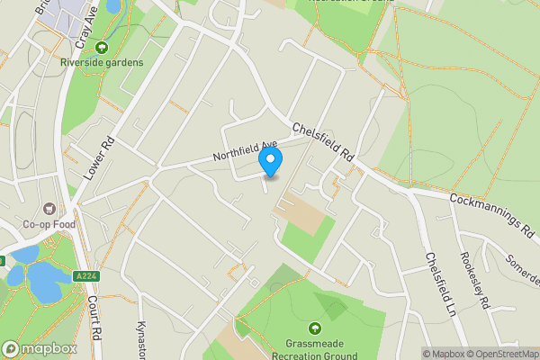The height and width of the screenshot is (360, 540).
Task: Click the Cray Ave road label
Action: click(x=86, y=26)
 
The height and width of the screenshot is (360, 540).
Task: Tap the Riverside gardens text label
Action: click(x=102, y=62)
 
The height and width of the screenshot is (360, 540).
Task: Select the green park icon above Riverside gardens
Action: click(x=102, y=48)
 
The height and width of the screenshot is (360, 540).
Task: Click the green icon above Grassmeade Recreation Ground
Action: click(x=315, y=327)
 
